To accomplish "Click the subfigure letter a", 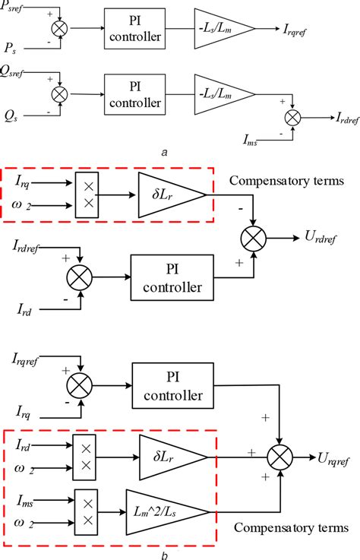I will tap(164, 152).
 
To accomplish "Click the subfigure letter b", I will tap(164, 553).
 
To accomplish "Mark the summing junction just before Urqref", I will tap(280, 457).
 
